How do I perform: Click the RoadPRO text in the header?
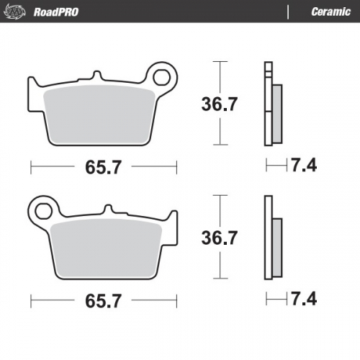(56, 12)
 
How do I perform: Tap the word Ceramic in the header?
(330, 12)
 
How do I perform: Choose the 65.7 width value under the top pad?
(104, 168)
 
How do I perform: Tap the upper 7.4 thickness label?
(303, 166)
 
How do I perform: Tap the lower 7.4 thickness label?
(303, 297)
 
